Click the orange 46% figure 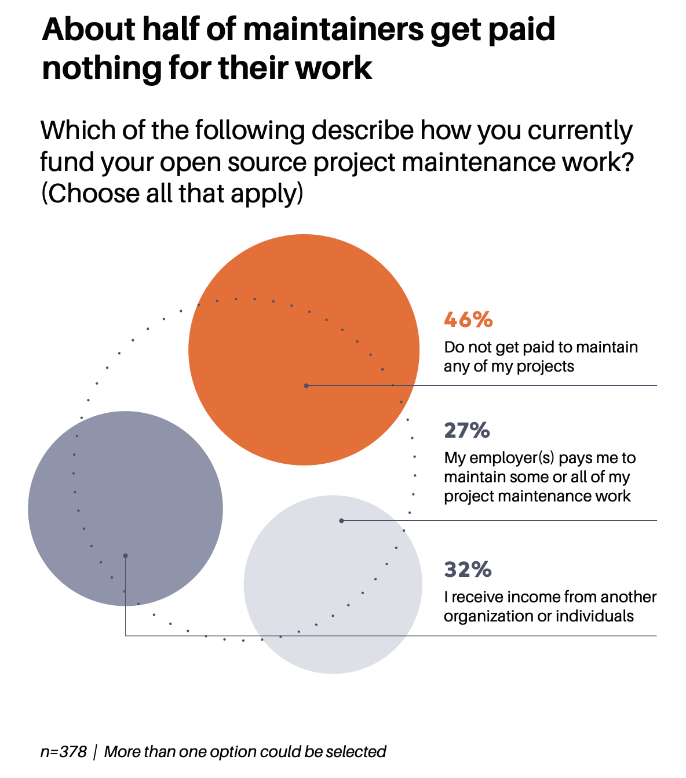pyautogui.click(x=468, y=319)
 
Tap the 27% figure pyautogui.click(x=467, y=431)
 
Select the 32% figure pyautogui.click(x=468, y=569)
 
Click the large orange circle pyautogui.click(x=304, y=350)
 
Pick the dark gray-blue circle pyautogui.click(x=125, y=509)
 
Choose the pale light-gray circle pyautogui.click(x=333, y=584)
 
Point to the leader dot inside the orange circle pyautogui.click(x=306, y=386)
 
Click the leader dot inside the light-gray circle pyautogui.click(x=341, y=521)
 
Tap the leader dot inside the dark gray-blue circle pyautogui.click(x=125, y=555)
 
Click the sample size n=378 pyautogui.click(x=64, y=751)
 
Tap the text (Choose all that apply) pyautogui.click(x=172, y=193)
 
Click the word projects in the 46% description pyautogui.click(x=545, y=367)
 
